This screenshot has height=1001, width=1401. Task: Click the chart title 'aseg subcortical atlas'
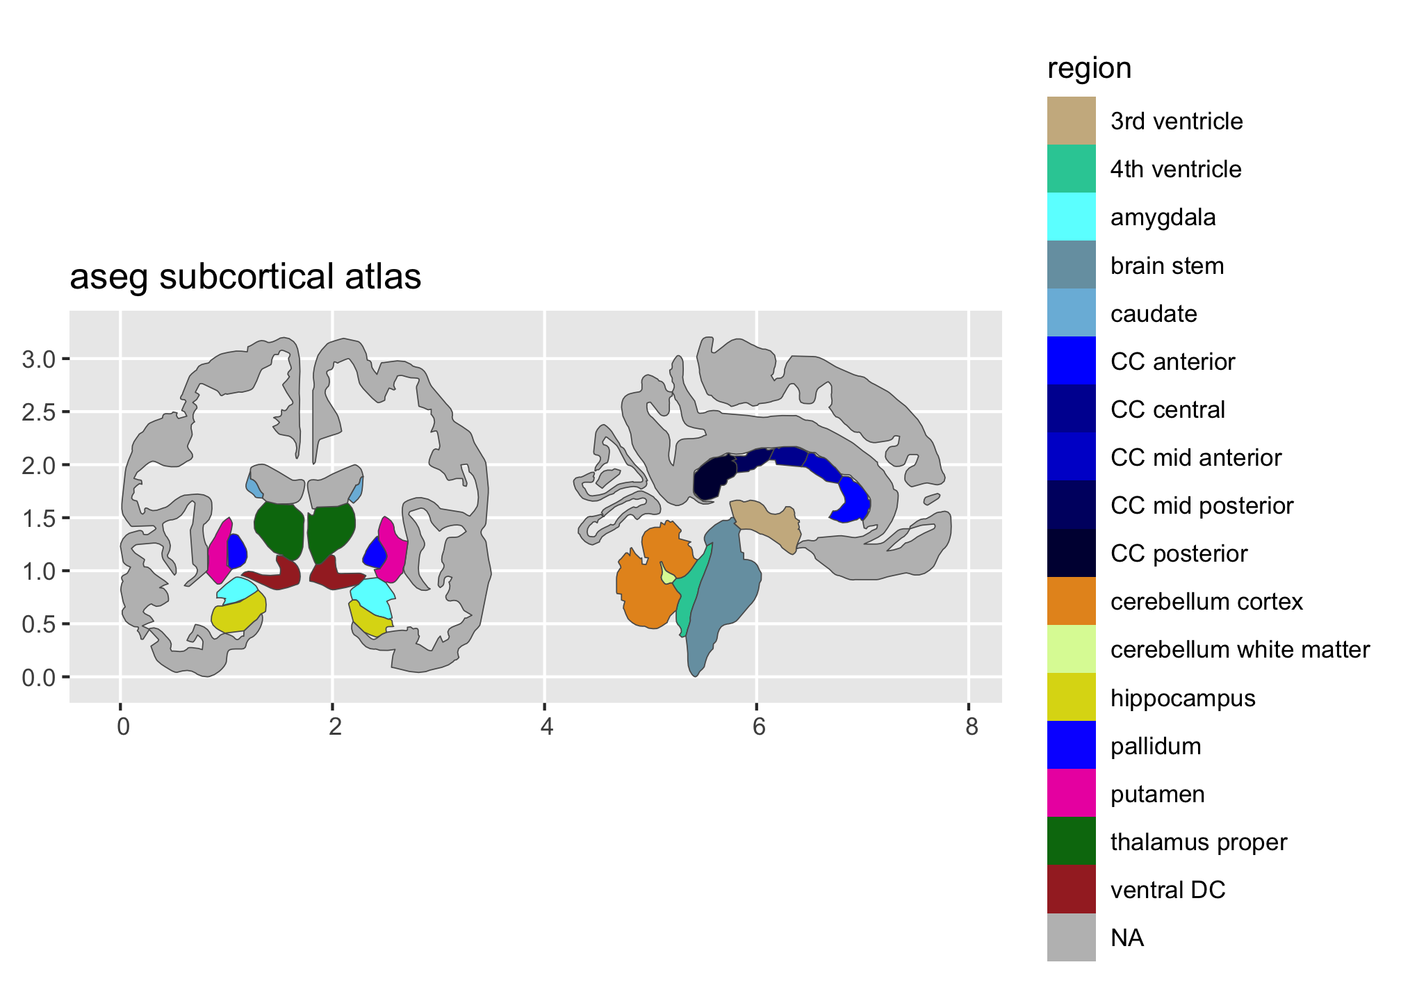point(245,277)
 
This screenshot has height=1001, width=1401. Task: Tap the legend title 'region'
point(1089,69)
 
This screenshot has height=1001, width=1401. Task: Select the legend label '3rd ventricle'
point(1176,121)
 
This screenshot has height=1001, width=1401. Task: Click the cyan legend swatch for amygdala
point(1071,217)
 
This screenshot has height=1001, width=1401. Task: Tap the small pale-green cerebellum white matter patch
point(668,576)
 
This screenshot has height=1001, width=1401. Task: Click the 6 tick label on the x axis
point(757,727)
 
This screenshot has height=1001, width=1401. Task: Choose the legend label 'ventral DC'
point(1167,890)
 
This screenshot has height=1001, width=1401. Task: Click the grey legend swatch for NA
point(1071,937)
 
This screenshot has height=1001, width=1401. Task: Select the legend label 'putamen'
point(1157,794)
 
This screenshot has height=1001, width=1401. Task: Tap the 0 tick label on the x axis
point(122,727)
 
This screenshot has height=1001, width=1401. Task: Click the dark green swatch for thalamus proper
point(1071,841)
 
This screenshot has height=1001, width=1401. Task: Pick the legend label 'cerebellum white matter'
point(1240,650)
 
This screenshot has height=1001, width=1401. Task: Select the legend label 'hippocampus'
point(1183,698)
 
